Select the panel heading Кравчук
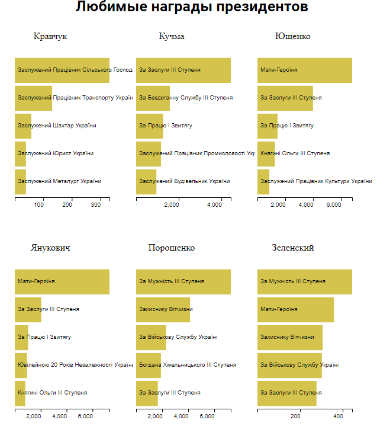coord(50,37)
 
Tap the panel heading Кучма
coord(172,37)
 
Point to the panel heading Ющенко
coord(293,37)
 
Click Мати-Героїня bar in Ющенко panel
coord(305,70)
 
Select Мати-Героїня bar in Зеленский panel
coord(295,309)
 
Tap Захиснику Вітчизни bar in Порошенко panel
coord(163,309)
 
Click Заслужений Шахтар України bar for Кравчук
coord(23,126)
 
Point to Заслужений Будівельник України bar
coord(146,181)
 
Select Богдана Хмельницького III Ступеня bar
coord(149,365)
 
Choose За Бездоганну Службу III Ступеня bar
coord(153,98)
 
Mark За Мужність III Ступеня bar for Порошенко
coord(183,281)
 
